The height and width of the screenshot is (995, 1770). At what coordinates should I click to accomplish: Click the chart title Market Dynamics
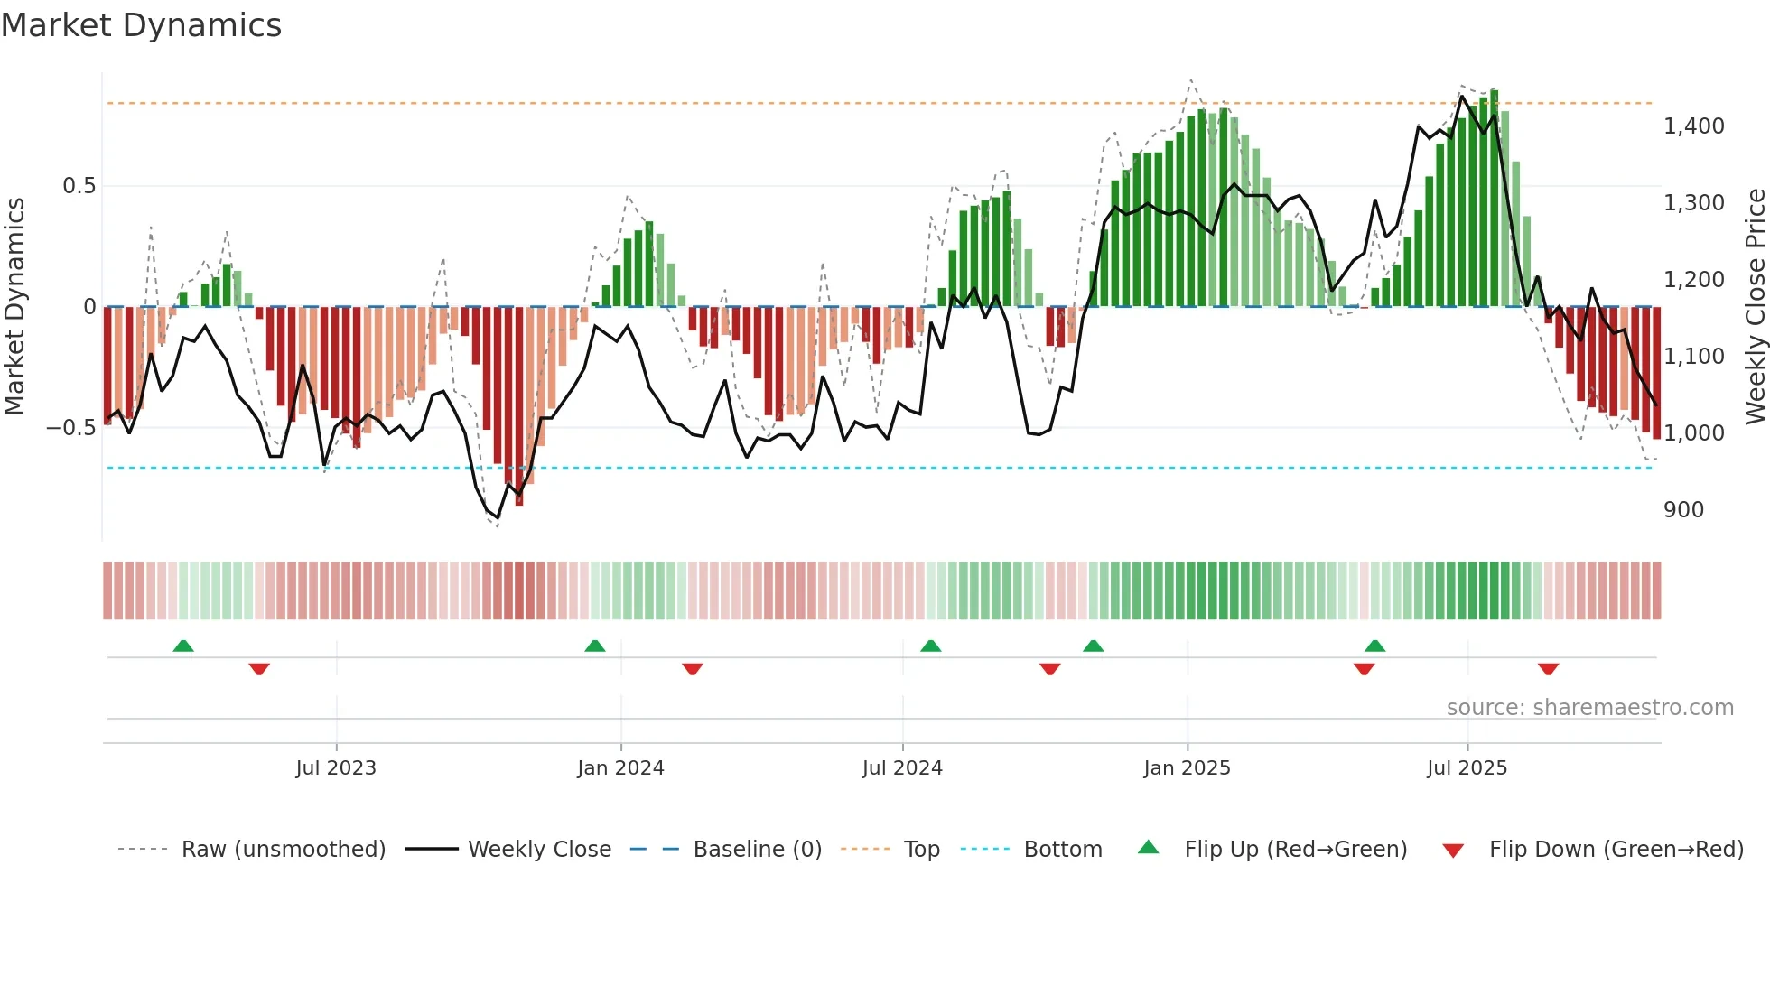point(141,25)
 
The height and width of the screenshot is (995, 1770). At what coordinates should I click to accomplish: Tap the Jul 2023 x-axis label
point(335,767)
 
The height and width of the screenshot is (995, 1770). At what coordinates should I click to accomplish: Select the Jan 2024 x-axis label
point(620,767)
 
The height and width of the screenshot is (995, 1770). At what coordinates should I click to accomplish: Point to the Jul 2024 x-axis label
point(902,767)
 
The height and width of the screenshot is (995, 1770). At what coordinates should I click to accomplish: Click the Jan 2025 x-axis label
point(1187,767)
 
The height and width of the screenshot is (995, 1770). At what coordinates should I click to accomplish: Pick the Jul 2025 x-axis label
point(1467,767)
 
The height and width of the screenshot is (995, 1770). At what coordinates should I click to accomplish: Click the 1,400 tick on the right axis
point(1693,126)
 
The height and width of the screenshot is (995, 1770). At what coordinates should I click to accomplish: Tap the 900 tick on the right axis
point(1683,510)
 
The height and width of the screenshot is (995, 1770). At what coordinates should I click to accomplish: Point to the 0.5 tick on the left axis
point(79,186)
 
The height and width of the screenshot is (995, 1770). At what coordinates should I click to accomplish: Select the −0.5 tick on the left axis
point(71,428)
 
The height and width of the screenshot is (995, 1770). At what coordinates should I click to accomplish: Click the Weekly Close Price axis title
point(1755,306)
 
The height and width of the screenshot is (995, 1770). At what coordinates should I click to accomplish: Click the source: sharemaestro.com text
point(1589,708)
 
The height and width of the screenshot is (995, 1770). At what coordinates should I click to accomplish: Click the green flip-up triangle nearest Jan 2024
point(595,646)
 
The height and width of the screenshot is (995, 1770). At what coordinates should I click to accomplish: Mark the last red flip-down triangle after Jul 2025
point(1548,669)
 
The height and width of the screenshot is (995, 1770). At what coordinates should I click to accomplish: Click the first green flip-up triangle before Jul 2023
point(183,646)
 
